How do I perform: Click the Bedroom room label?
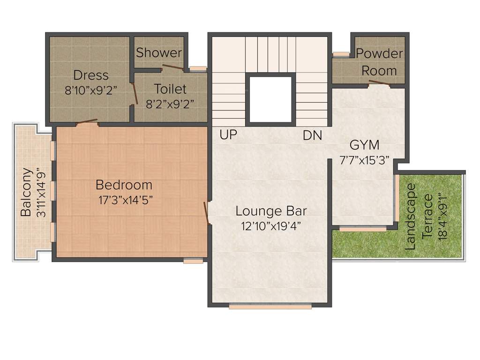[124, 185]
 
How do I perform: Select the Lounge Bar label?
[271, 210]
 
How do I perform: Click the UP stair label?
[228, 135]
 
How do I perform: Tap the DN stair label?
[312, 136]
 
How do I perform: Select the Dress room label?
[91, 75]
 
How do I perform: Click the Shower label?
[159, 52]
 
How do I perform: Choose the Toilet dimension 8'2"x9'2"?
[170, 104]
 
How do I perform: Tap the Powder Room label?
[379, 62]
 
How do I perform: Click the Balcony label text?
[26, 192]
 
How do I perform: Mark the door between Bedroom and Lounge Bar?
[206, 213]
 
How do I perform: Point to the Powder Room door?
[380, 83]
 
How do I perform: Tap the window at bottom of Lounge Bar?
[270, 307]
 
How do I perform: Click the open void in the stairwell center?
[271, 99]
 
